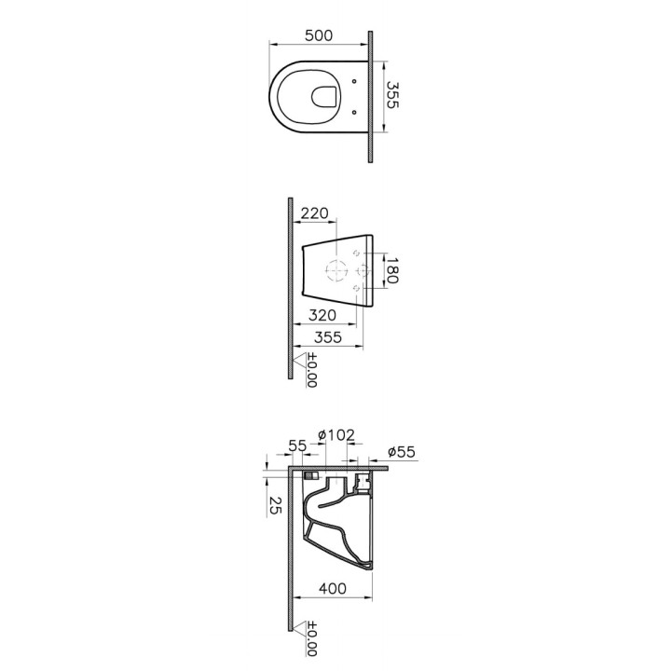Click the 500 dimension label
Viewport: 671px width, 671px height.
tap(319, 35)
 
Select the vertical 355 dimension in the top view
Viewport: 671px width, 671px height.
tap(392, 95)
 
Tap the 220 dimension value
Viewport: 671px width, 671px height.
tap(315, 212)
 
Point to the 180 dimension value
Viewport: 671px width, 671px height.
tap(391, 270)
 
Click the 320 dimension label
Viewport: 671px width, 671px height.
tap(322, 315)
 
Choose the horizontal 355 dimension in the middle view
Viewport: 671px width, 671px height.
tap(328, 337)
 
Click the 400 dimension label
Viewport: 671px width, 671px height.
tap(333, 588)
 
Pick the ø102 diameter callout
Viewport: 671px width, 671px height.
tap(336, 435)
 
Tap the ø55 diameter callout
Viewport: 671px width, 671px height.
tap(402, 451)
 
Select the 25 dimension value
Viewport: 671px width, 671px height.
tap(275, 505)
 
